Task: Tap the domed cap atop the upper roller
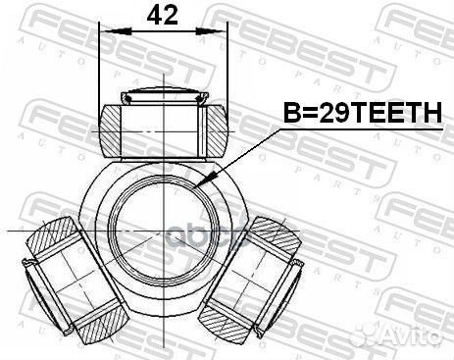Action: click(x=163, y=95)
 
